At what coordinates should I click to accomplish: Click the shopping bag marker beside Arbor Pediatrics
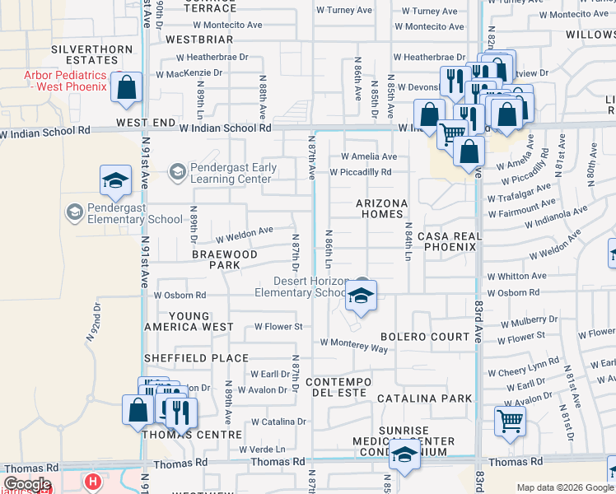(x=127, y=89)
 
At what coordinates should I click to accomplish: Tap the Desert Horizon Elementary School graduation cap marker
(x=360, y=296)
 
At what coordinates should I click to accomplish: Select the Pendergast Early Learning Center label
(x=231, y=173)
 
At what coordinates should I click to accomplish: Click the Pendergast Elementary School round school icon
(x=75, y=213)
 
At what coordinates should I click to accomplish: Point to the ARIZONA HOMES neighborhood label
(x=382, y=208)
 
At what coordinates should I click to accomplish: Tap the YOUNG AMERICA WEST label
(x=189, y=321)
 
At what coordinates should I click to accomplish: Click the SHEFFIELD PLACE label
(x=196, y=358)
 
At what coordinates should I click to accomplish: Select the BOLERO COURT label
(x=424, y=337)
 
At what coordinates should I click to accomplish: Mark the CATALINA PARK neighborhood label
(x=425, y=398)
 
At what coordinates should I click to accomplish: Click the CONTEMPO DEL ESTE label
(x=339, y=388)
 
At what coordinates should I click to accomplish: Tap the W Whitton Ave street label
(x=516, y=277)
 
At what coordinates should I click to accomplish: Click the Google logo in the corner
(x=26, y=484)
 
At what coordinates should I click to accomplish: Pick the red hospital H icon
(x=94, y=481)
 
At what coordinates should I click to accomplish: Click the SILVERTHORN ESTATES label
(x=91, y=54)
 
